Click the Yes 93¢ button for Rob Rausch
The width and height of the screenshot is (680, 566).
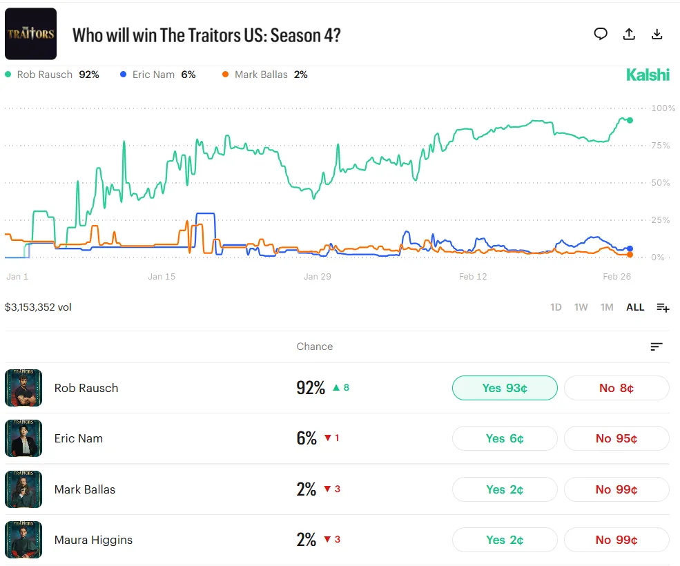[504, 388]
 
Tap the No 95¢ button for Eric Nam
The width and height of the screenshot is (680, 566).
[616, 438]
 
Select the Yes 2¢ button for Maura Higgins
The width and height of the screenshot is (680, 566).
[504, 540]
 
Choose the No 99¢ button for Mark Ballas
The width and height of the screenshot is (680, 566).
[616, 489]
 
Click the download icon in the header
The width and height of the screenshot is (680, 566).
[657, 35]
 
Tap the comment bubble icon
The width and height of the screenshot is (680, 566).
[601, 35]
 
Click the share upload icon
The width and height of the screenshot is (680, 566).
[629, 35]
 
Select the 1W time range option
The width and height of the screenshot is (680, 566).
[581, 307]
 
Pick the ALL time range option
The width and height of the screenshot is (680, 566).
[635, 307]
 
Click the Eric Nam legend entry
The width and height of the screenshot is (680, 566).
[158, 75]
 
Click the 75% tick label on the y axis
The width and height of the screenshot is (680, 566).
[660, 146]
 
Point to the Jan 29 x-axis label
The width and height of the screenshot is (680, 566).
[318, 277]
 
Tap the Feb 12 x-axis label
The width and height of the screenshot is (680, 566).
[473, 277]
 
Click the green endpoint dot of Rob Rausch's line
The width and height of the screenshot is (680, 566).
[630, 120]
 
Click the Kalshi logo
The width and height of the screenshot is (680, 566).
[648, 75]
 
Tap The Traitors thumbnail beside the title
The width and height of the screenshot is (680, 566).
[30, 34]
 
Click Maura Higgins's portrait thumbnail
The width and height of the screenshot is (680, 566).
[23, 540]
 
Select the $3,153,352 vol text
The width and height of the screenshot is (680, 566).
[38, 307]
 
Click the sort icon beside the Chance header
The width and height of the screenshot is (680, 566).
[657, 347]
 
